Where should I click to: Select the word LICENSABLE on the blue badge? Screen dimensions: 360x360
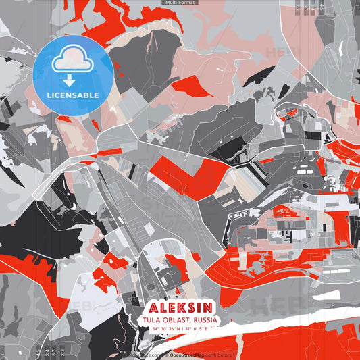pyautogui.click(x=73, y=95)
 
